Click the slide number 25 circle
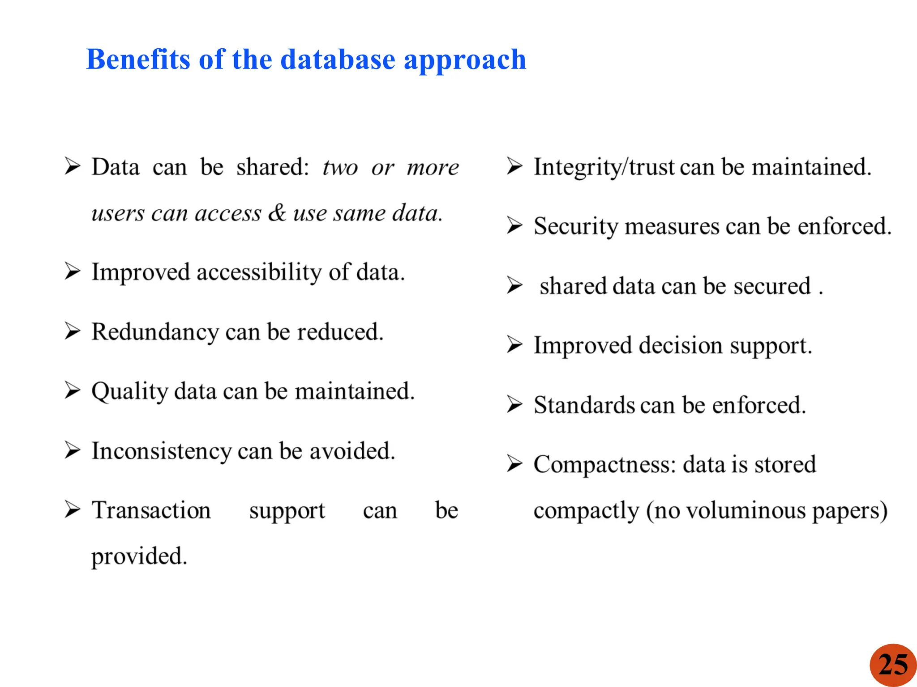pyautogui.click(x=893, y=665)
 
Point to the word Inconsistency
pyautogui.click(x=161, y=451)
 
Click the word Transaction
pyautogui.click(x=151, y=510)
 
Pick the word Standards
pyautogui.click(x=584, y=405)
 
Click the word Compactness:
pyautogui.click(x=604, y=465)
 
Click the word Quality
pyautogui.click(x=129, y=392)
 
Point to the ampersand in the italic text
pyautogui.click(x=277, y=212)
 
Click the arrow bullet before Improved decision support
pyautogui.click(x=514, y=345)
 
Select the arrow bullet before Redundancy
pyautogui.click(x=72, y=331)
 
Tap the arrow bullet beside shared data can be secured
pyautogui.click(x=514, y=285)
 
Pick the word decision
pyautogui.click(x=681, y=346)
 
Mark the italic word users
pyautogui.click(x=118, y=213)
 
